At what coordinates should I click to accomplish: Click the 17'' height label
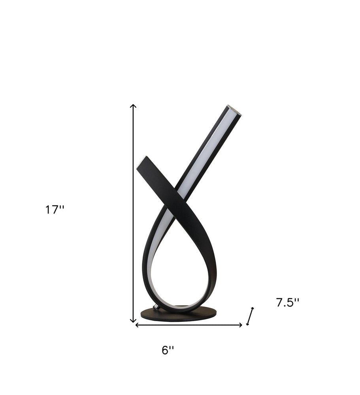[55, 210]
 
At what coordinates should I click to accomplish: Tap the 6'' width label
[168, 350]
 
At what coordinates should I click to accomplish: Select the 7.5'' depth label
[287, 303]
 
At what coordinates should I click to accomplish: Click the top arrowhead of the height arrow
[134, 106]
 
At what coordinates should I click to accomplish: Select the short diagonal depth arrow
[250, 316]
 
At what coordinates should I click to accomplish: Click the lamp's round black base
[179, 316]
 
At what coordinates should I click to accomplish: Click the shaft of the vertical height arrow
[134, 213]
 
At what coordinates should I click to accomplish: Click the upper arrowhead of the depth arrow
[252, 308]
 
